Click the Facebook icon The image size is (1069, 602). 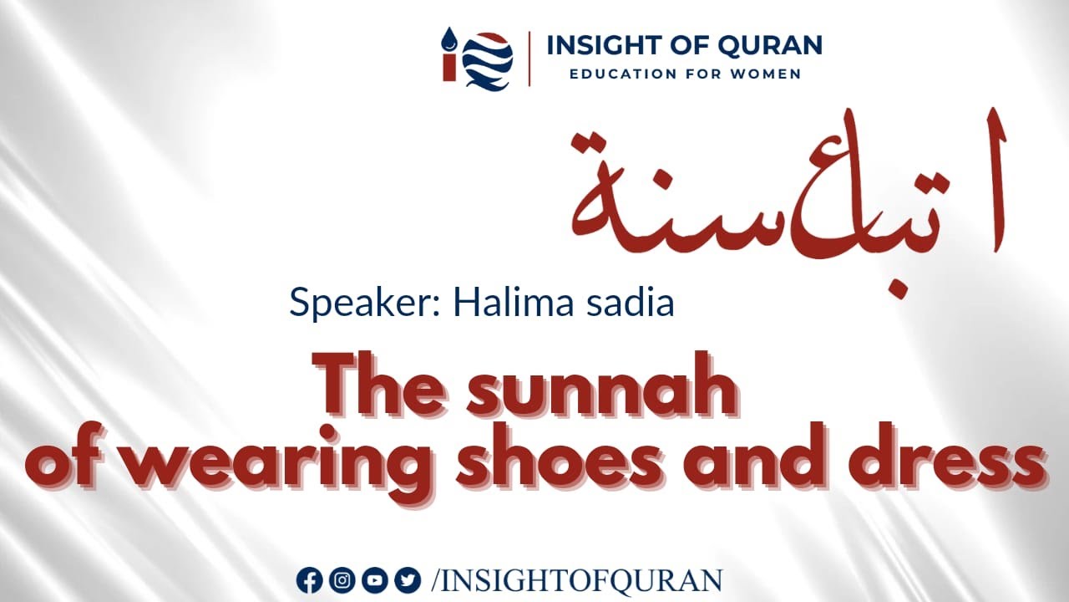309,579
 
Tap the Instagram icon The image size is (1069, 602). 342,579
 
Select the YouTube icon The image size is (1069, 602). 375,579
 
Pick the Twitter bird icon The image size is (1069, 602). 408,579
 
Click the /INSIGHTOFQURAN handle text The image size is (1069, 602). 577,579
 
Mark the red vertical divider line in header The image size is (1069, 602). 529,59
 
